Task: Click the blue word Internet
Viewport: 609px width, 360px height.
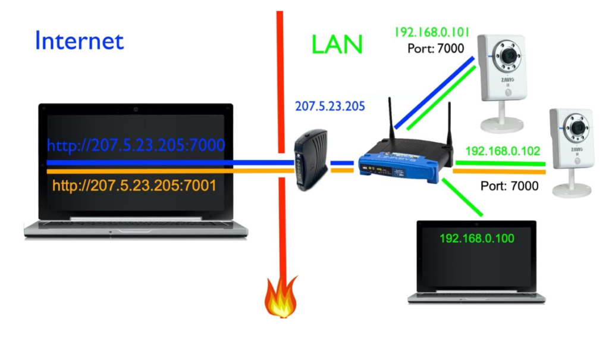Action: point(79,41)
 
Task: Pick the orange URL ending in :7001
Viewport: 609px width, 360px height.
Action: point(134,186)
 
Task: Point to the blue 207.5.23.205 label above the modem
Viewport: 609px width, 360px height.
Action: point(331,107)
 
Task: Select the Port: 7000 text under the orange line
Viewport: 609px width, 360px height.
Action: point(509,186)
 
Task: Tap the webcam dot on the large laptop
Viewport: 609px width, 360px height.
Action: point(136,110)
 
